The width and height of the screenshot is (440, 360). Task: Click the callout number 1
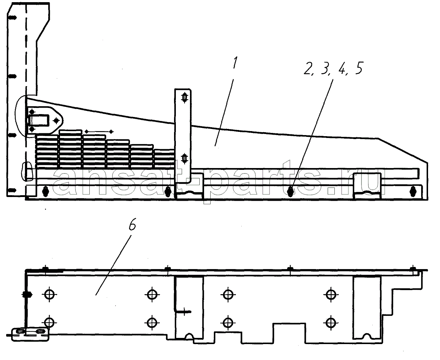tap(235, 63)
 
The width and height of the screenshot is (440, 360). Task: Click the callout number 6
tap(132, 224)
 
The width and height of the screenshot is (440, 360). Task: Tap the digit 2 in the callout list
tap(308, 68)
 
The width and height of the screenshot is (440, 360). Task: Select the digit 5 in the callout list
tap(359, 68)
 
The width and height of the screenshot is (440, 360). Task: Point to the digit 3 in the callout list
tap(325, 68)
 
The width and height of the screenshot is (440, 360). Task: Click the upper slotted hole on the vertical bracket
tap(184, 97)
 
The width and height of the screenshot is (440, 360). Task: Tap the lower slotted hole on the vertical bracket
tap(184, 158)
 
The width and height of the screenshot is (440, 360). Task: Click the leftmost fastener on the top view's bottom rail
tap(46, 191)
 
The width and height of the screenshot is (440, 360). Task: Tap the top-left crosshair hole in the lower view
tap(49, 295)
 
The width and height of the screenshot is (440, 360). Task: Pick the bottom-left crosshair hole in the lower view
tap(49, 323)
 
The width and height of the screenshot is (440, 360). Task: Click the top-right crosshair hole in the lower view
tap(331, 295)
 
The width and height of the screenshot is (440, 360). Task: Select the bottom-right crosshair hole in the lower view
tap(331, 323)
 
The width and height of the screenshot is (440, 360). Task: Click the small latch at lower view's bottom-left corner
tap(30, 335)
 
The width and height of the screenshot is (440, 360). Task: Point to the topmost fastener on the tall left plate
tap(13, 18)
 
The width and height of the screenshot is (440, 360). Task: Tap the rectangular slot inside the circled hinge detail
tap(38, 120)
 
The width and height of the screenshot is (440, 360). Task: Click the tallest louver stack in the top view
tap(70, 149)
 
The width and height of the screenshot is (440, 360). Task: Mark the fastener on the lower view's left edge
tap(27, 295)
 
